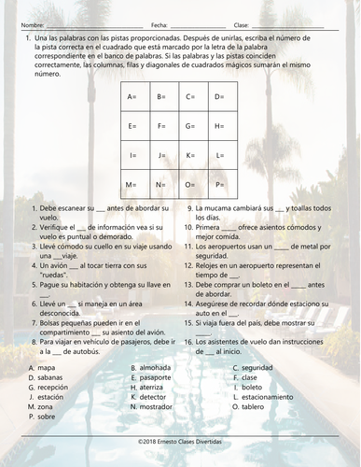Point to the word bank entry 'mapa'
pyautogui.click(x=44, y=367)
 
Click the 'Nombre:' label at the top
pyautogui.click(x=32, y=24)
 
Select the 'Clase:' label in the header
pyautogui.click(x=241, y=24)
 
